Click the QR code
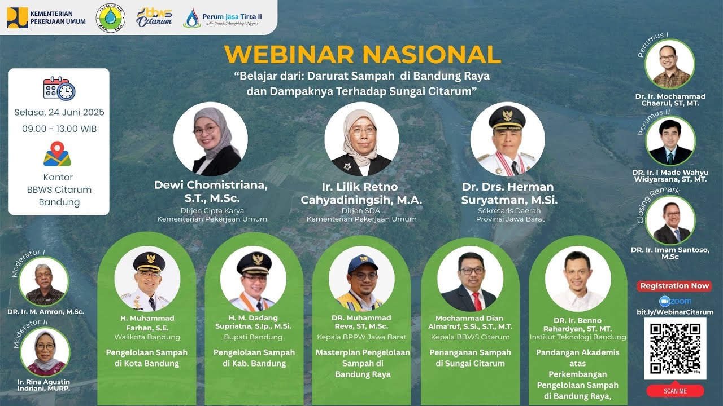pyautogui.click(x=675, y=348)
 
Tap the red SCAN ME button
pyautogui.click(x=675, y=391)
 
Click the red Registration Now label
pyautogui.click(x=674, y=286)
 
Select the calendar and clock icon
pyautogui.click(x=59, y=89)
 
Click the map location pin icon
pyautogui.click(x=57, y=154)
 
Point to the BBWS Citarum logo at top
pyautogui.click(x=154, y=17)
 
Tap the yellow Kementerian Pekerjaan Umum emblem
pyautogui.click(x=17, y=17)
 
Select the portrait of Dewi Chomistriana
pyautogui.click(x=210, y=139)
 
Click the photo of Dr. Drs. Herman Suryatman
pyautogui.click(x=507, y=139)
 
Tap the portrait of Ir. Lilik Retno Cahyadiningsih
pyautogui.click(x=361, y=139)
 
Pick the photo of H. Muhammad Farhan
pyautogui.click(x=147, y=279)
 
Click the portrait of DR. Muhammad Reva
pyautogui.click(x=361, y=279)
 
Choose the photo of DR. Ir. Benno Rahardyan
pyautogui.click(x=577, y=279)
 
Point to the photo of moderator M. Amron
pyautogui.click(x=44, y=281)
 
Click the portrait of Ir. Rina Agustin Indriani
pyautogui.click(x=45, y=352)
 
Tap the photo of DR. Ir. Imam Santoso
pyautogui.click(x=670, y=220)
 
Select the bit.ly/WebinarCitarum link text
pyautogui.click(x=675, y=312)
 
